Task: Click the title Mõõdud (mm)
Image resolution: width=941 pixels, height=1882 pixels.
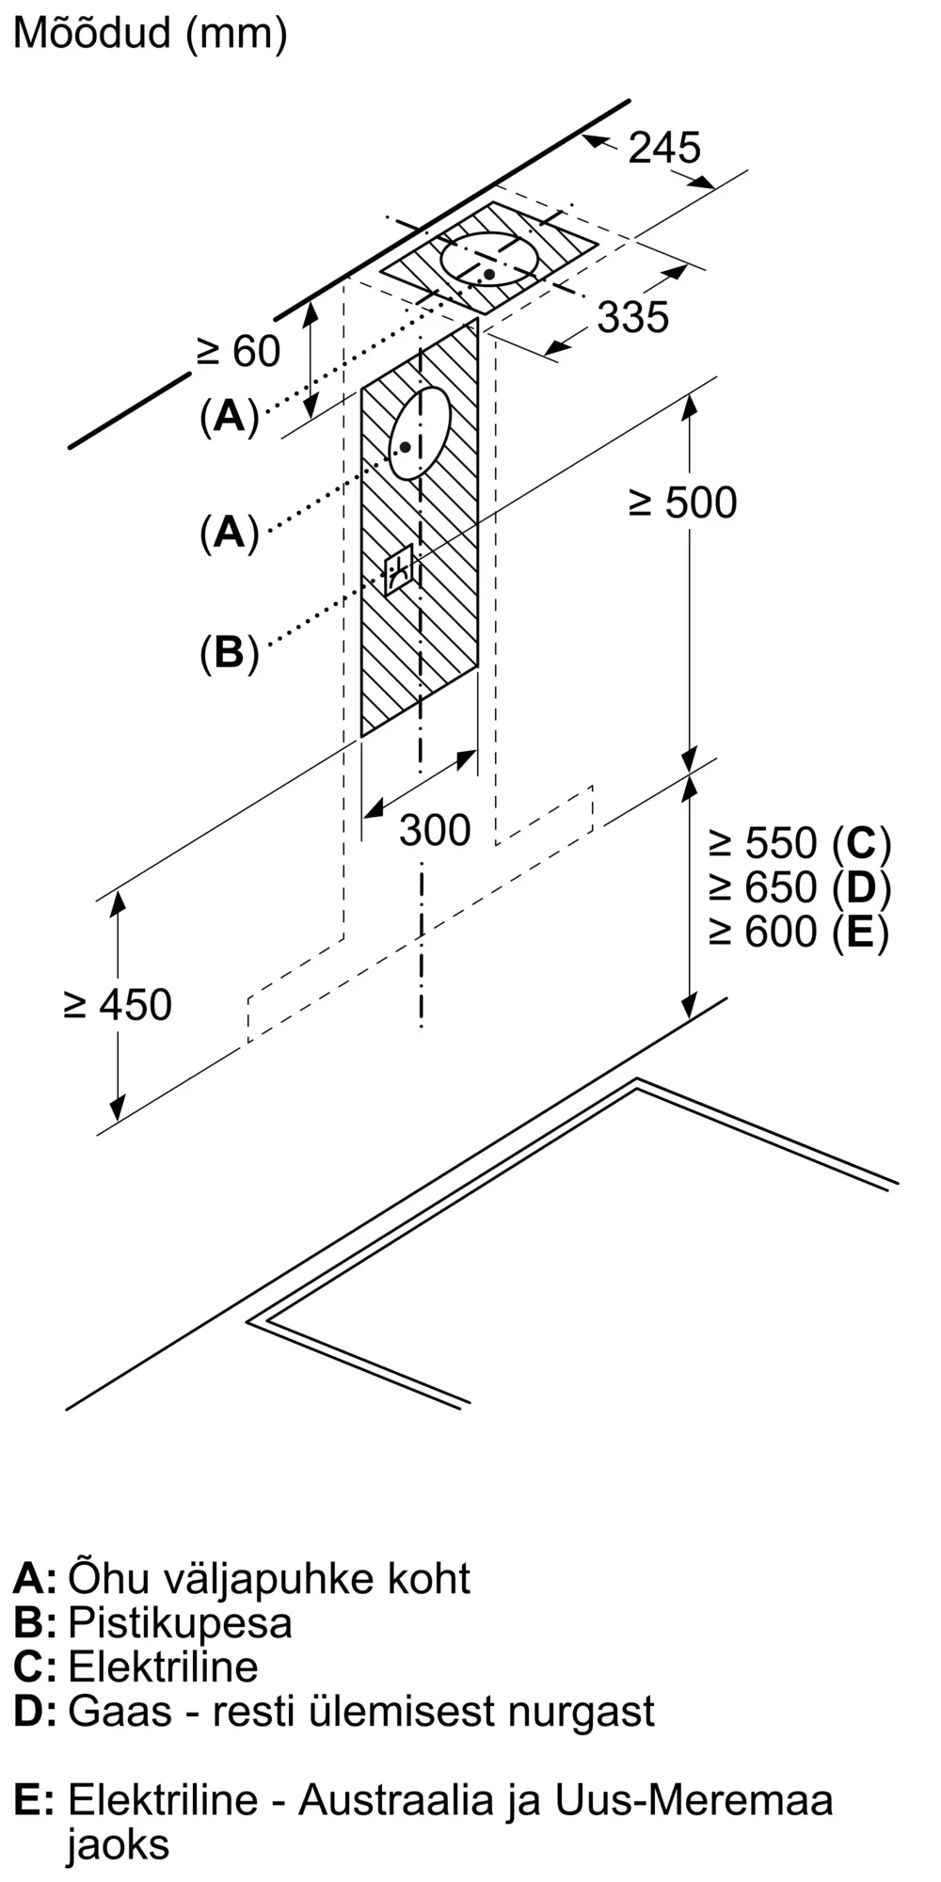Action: pos(150,34)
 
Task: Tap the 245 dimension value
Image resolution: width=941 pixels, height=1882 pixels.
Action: pos(664,148)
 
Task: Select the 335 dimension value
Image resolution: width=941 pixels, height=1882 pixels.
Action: pos(633,317)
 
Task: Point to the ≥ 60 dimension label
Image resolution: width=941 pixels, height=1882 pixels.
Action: pos(238,352)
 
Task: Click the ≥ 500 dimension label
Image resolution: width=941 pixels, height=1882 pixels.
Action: pos(683,503)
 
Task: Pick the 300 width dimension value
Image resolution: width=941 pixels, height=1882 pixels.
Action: pos(435,830)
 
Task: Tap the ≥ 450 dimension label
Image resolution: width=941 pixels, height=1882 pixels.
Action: pos(118,1005)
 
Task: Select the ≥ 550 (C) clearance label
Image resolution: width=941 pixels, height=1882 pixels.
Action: pos(800,843)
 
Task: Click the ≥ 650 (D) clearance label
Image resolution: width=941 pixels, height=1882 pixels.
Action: pos(800,887)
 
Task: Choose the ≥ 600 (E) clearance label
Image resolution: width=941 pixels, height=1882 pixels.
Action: pos(799,932)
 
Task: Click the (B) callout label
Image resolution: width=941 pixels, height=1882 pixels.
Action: pos(229,651)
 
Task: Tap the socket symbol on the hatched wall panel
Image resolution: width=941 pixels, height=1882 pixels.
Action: pos(399,569)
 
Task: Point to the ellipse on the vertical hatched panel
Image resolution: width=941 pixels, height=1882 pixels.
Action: pos(420,433)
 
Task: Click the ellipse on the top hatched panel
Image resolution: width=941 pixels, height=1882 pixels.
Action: pos(489,259)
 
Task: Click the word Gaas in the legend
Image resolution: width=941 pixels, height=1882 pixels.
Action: pos(120,1711)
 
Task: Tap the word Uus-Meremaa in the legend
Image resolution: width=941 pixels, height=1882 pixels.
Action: pos(694,1800)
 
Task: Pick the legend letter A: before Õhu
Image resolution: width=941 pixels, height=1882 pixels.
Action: pos(35,1578)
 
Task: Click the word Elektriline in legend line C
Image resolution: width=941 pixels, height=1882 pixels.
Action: pos(163,1667)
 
